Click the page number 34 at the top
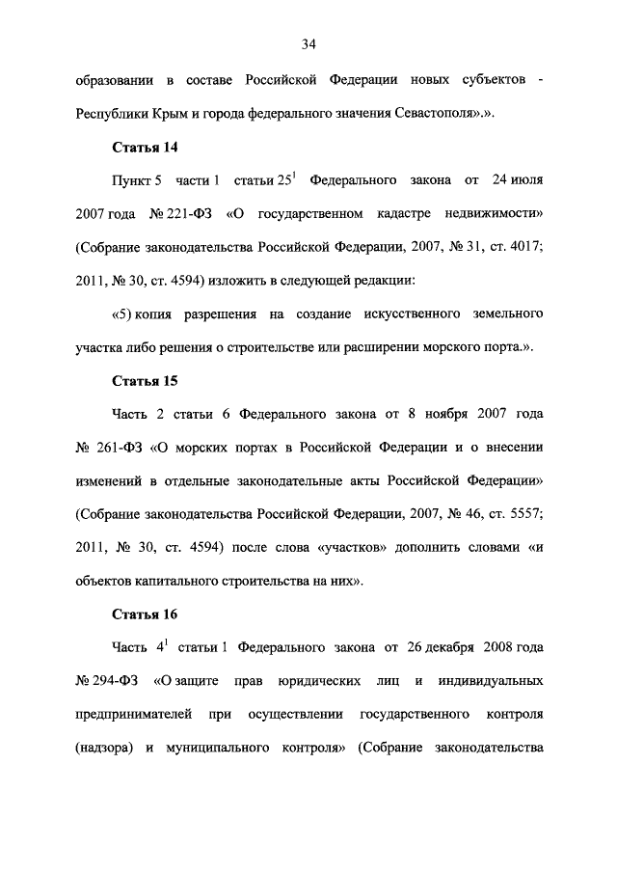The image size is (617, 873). pyautogui.click(x=308, y=43)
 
